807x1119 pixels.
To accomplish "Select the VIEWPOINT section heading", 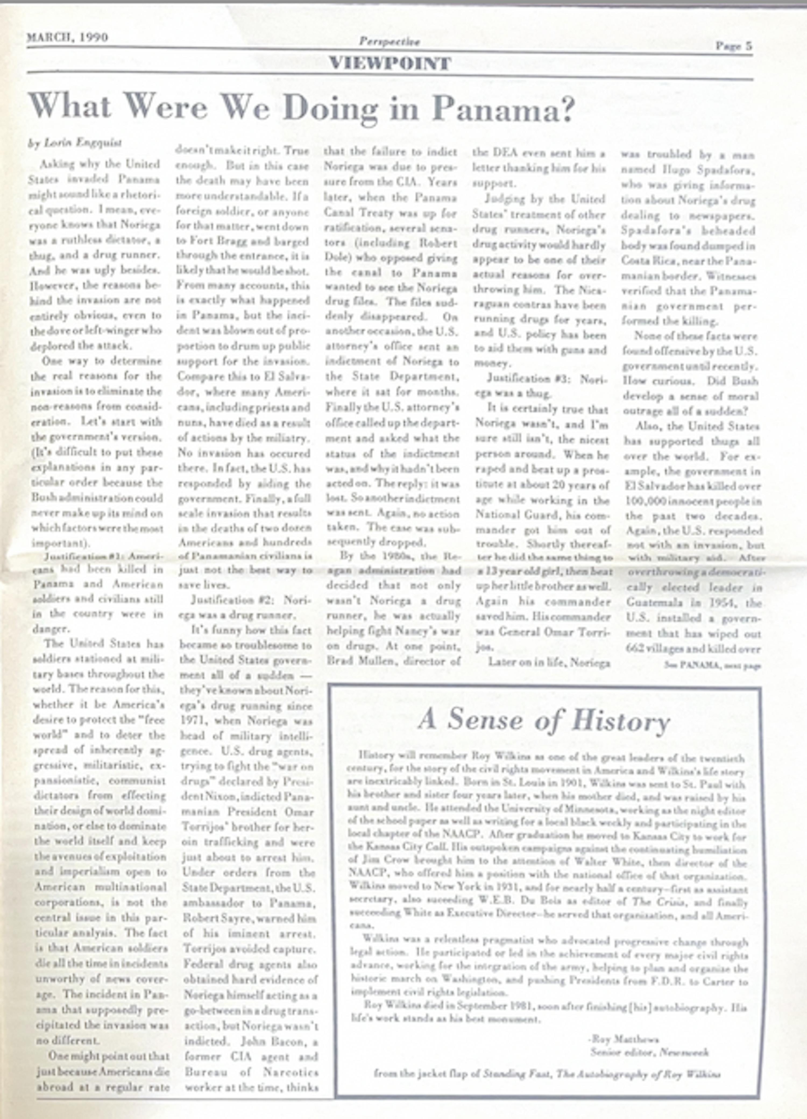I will (x=390, y=64).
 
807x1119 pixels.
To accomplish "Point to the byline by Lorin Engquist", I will (x=75, y=143).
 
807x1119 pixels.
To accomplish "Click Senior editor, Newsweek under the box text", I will (x=649, y=1052).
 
